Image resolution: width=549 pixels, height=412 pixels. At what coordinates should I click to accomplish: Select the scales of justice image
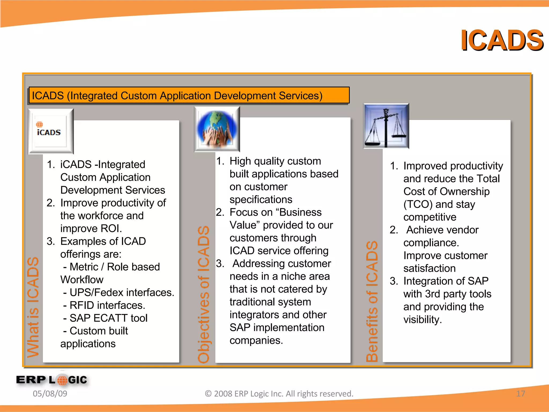pos(386,126)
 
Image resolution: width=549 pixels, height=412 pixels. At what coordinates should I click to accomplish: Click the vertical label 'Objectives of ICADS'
pos(203,294)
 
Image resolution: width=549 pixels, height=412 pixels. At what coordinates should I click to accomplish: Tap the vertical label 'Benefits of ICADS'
pos(372,301)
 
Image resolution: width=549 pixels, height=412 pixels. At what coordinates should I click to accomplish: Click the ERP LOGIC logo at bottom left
pos(52,380)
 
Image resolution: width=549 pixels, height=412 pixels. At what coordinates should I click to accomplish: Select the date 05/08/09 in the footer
pos(50,393)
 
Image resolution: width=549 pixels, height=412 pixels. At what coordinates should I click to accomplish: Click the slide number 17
pos(520,393)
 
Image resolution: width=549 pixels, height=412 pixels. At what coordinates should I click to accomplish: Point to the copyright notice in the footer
pos(279,393)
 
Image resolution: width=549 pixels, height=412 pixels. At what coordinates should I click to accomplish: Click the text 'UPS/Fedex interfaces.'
pos(122,292)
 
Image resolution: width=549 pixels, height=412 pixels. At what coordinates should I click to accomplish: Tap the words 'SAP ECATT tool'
pos(108,318)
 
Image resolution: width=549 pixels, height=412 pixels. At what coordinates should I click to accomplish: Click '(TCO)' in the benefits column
pos(418,204)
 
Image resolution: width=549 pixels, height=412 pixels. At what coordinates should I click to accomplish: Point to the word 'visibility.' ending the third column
pos(422,319)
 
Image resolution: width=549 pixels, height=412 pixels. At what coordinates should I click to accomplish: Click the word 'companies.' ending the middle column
pos(256,340)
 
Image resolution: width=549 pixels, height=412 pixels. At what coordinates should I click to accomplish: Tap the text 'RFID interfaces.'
pos(107,305)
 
